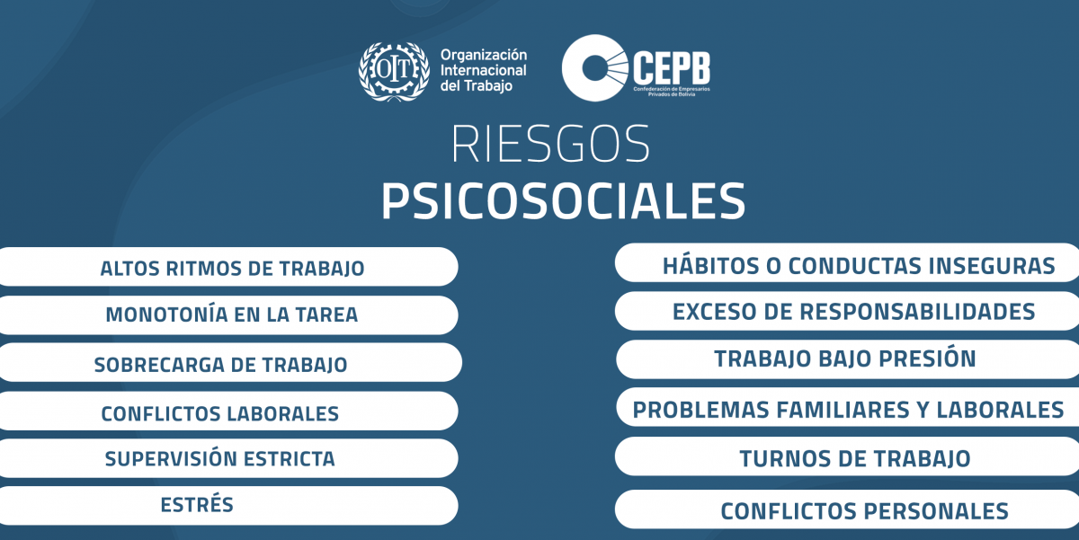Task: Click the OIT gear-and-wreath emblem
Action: [394, 71]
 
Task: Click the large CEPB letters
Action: [672, 68]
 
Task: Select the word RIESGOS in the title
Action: [550, 144]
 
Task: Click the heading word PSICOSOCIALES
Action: [564, 200]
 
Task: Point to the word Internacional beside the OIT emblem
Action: [483, 70]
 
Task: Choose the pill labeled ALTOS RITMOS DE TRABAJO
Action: [228, 267]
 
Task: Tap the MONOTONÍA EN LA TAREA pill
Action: [228, 314]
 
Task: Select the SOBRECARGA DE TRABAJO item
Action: [230, 362]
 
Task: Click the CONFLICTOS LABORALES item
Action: [228, 411]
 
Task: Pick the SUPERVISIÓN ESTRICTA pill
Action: [228, 458]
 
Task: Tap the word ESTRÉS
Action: [197, 505]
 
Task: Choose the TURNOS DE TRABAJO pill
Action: [847, 456]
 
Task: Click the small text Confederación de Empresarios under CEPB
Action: [672, 89]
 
